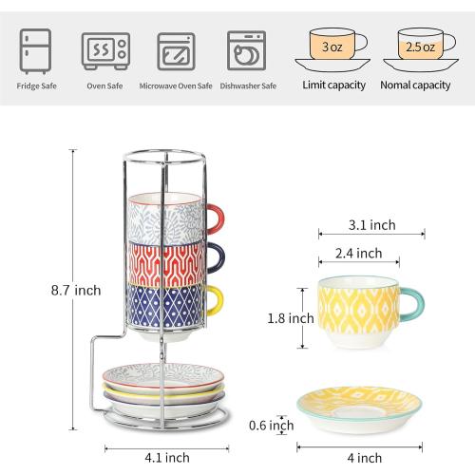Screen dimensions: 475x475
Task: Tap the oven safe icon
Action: pos(104,50)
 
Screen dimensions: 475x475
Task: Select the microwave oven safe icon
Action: pos(175,50)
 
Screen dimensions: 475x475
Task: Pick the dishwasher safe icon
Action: pos(245,50)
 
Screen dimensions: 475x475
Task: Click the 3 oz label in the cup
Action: pos(332,46)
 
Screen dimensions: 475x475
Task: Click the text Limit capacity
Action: pos(333,85)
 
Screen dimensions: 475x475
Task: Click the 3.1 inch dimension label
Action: pos(370,225)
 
